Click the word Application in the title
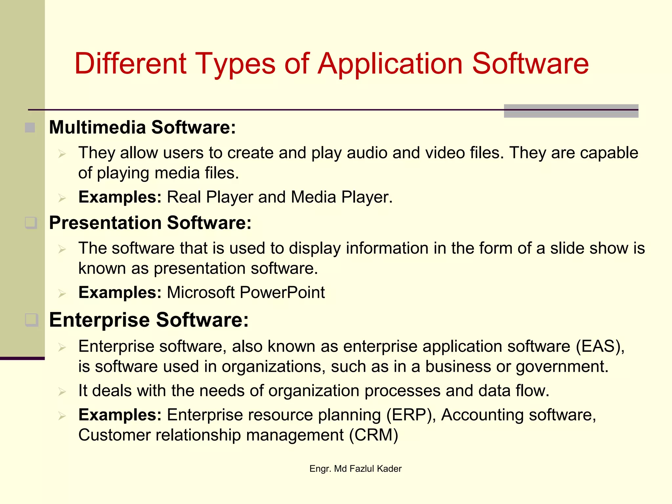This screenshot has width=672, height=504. (390, 64)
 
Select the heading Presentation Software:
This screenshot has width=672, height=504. (150, 223)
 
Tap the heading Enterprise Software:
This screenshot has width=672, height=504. (149, 320)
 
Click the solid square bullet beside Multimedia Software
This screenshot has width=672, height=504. (30, 127)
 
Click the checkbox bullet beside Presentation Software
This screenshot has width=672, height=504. (31, 223)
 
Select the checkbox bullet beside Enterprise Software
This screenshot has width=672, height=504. (32, 320)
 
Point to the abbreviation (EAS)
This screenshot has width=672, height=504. (600, 346)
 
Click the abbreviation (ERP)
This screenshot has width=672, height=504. (411, 415)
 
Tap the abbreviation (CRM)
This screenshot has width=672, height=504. (373, 435)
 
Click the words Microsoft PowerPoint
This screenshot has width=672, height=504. (246, 292)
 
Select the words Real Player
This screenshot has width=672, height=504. (210, 197)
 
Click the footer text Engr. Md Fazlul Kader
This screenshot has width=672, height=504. (355, 469)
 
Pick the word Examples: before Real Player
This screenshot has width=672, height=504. (120, 197)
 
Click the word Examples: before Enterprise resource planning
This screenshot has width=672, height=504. (120, 415)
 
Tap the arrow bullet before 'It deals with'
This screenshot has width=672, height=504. (62, 391)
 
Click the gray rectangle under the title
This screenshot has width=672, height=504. (571, 111)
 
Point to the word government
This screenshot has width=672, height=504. (562, 367)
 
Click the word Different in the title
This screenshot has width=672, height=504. (130, 64)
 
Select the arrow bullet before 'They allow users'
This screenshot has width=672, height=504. (62, 154)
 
